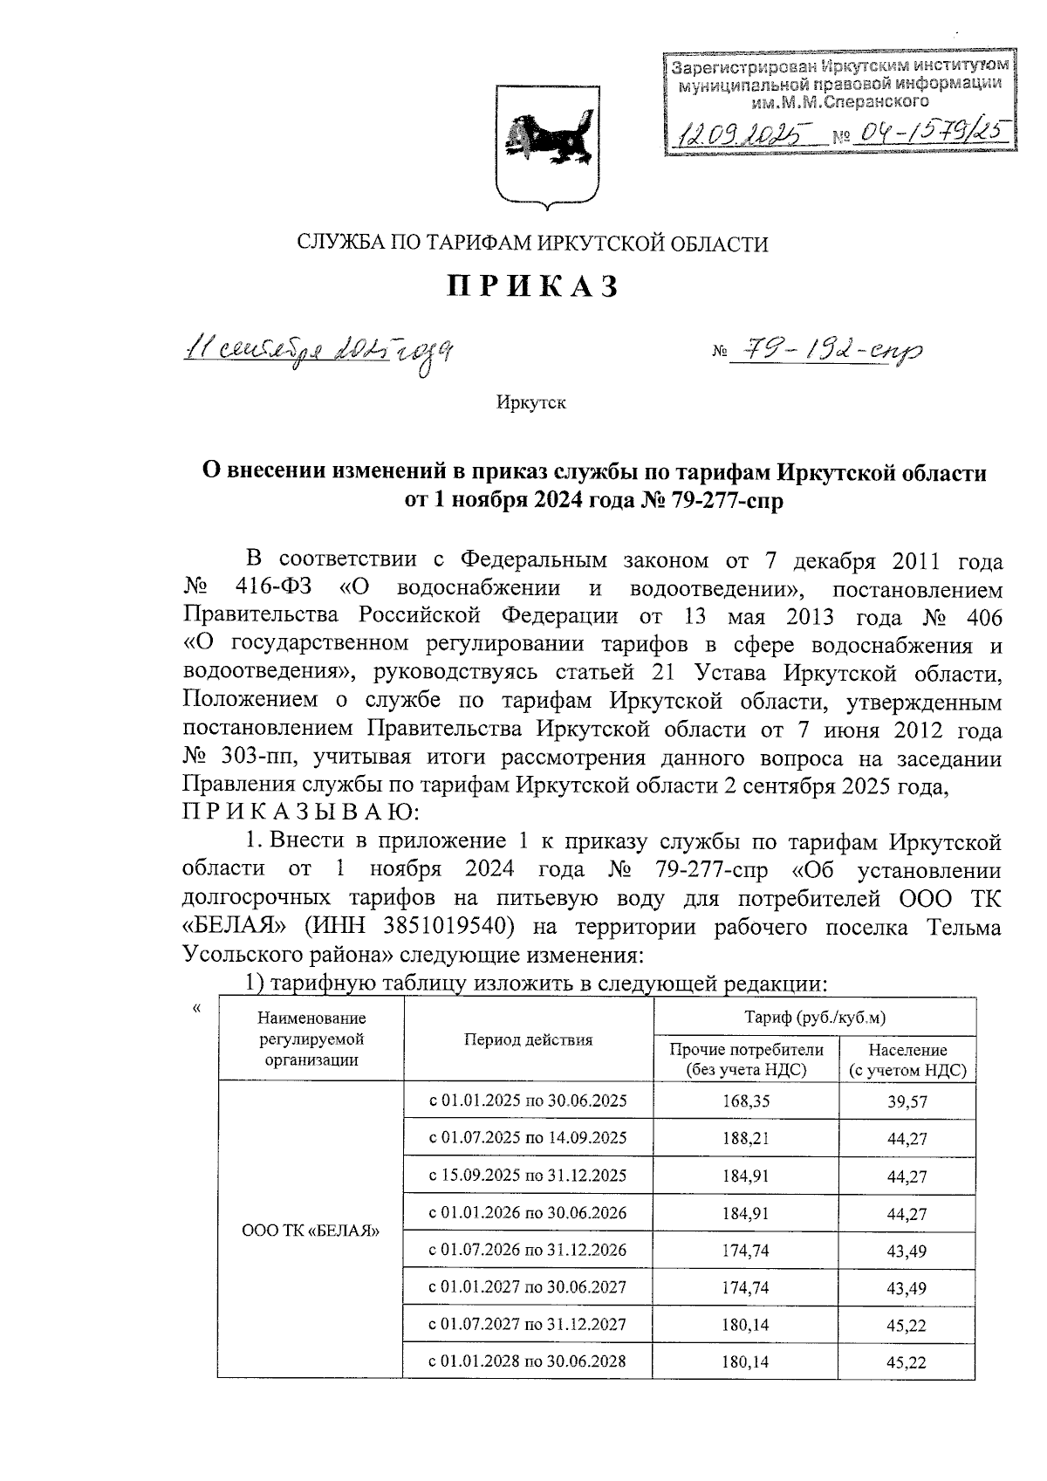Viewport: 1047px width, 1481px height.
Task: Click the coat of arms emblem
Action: [546, 145]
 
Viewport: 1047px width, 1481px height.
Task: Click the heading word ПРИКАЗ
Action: [533, 286]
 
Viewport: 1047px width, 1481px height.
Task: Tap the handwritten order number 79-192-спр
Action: [828, 351]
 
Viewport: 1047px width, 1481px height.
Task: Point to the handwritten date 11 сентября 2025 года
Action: [318, 353]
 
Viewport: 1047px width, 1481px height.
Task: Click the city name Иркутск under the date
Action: [530, 403]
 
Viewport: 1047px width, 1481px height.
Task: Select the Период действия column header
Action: [527, 1039]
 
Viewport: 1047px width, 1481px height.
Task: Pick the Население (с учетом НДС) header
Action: [907, 1059]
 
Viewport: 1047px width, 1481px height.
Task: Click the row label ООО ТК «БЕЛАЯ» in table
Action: [311, 1231]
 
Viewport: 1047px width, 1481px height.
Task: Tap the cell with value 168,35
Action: [745, 1101]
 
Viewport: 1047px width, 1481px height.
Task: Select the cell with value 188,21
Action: [745, 1138]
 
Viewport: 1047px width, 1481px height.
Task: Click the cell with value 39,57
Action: [907, 1101]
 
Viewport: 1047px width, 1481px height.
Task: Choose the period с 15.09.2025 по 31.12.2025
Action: [527, 1175]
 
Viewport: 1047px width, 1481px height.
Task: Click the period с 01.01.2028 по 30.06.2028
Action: [527, 1361]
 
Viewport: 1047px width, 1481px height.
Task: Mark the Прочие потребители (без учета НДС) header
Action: [745, 1059]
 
